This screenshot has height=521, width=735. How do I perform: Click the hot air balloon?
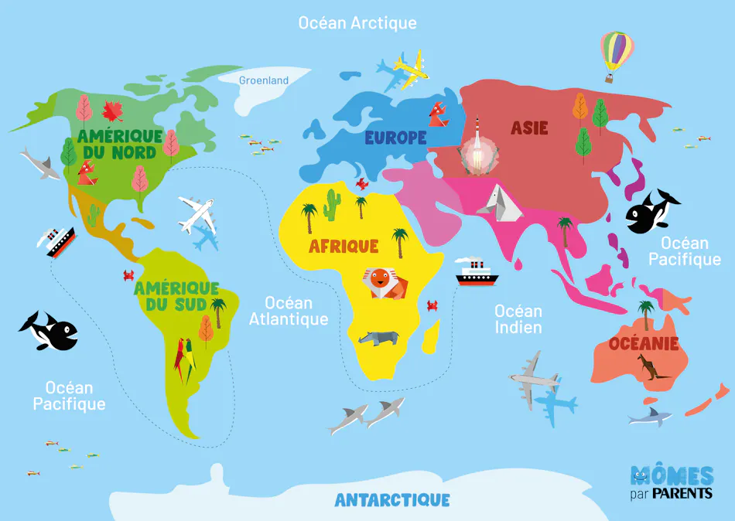(616, 54)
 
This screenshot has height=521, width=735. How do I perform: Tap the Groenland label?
(263, 80)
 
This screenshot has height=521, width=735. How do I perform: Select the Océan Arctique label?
(357, 23)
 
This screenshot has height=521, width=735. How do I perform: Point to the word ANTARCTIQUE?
(392, 500)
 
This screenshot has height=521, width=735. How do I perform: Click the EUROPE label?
(395, 138)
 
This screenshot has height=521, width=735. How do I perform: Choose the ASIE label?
(529, 128)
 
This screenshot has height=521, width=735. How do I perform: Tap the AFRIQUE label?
(344, 247)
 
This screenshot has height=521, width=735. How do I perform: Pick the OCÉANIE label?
(643, 343)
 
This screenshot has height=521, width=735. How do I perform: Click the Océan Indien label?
(518, 318)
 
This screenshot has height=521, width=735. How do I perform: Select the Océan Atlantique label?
(289, 311)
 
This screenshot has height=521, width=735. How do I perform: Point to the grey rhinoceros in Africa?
(379, 338)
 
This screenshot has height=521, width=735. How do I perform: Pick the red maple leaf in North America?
(113, 111)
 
